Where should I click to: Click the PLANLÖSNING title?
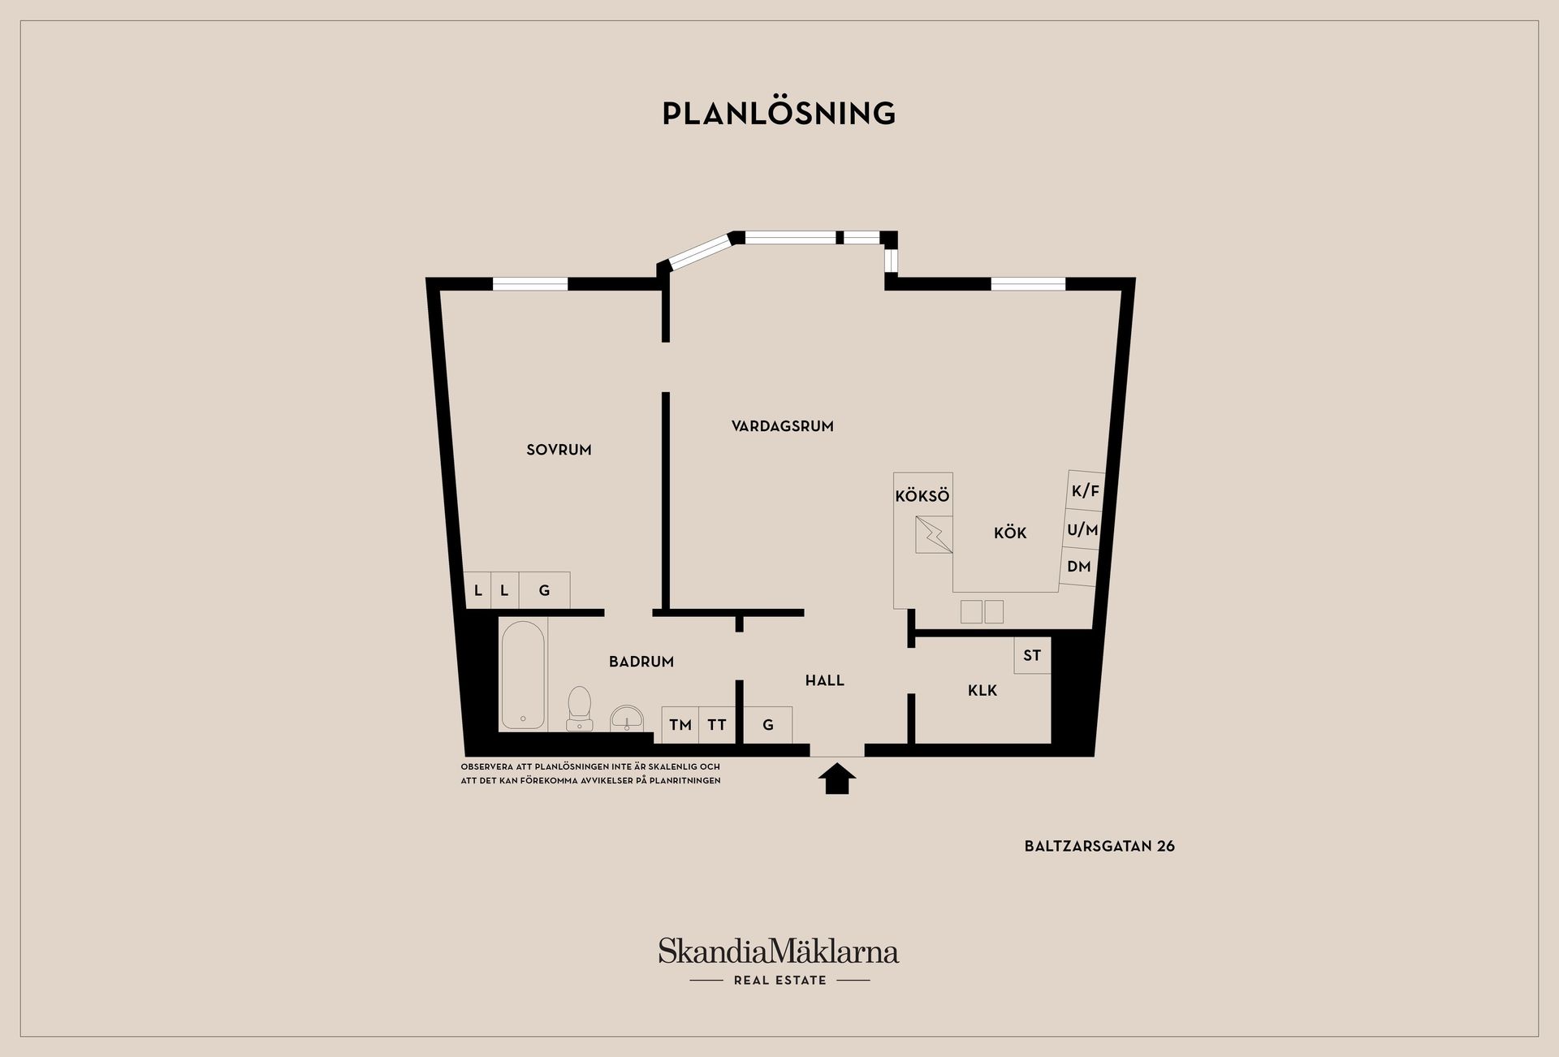[x=779, y=113]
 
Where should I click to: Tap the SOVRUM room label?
[x=559, y=450]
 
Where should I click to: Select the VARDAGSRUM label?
[x=782, y=426]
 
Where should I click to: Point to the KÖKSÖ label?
[x=922, y=496]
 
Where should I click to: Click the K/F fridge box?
[x=1086, y=491]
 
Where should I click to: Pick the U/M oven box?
[x=1082, y=530]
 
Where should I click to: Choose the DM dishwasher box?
[x=1079, y=567]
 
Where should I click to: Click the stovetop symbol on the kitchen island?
[x=934, y=535]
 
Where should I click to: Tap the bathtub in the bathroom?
[x=523, y=675]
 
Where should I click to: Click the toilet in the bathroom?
[x=579, y=708]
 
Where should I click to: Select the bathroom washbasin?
[x=627, y=718]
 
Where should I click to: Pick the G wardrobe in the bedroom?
[x=545, y=590]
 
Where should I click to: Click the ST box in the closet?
[x=1032, y=655]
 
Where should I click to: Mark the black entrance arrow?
[x=837, y=779]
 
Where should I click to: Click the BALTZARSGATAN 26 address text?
[x=1099, y=846]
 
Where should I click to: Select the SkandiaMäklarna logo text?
[x=779, y=951]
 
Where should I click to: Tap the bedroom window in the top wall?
[x=530, y=284]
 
